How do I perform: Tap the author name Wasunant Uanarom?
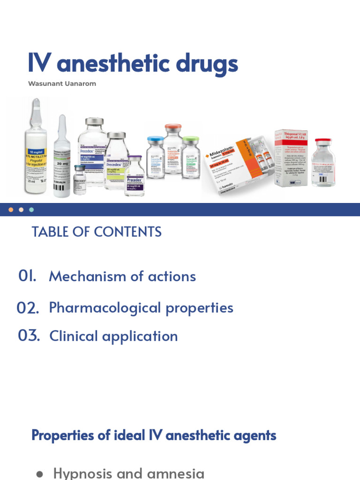coord(62,84)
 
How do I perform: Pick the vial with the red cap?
coord(323,163)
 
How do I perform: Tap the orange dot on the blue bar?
coord(11,210)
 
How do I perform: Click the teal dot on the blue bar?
coord(31,210)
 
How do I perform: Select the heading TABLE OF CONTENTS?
coord(96,232)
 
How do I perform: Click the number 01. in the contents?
coord(28,276)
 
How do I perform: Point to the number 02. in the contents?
coord(28,308)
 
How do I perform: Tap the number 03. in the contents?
coord(29,336)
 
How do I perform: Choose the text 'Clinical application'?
coord(113,336)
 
